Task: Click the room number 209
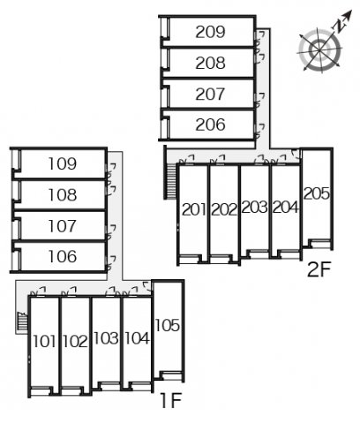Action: coord(211,33)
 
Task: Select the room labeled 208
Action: coord(211,64)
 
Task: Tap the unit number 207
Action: coord(211,95)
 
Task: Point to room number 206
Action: coord(211,125)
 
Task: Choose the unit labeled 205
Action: coord(316,193)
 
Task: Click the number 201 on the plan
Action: coord(195,209)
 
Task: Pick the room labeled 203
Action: coord(254,208)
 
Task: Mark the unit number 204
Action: coord(285,208)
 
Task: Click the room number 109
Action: coord(62,163)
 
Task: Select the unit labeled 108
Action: coord(62,194)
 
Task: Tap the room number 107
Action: coord(62,225)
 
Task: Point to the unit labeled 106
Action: coord(62,256)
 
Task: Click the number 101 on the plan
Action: coord(45,341)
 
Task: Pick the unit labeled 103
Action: coord(105,338)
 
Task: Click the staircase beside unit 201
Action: coord(170,182)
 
